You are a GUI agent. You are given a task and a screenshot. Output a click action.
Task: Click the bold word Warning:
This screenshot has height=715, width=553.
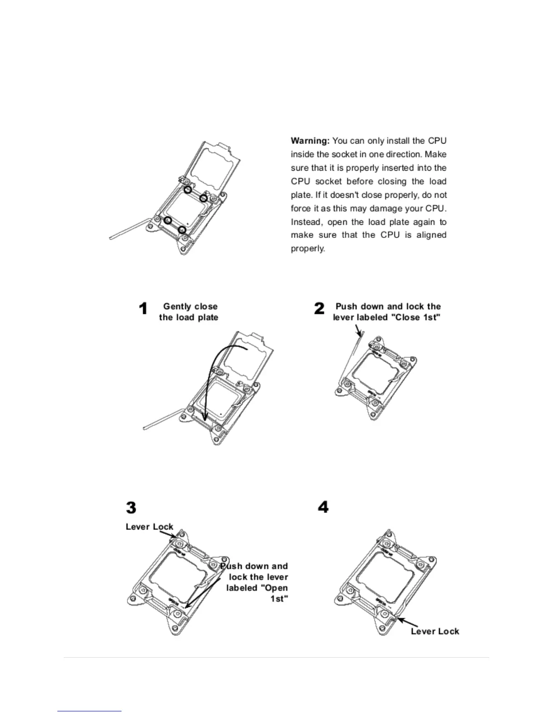[x=310, y=141]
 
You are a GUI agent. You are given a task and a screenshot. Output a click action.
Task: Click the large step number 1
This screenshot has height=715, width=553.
[x=143, y=309]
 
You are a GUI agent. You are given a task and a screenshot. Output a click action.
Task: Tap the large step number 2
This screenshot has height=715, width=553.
[x=319, y=309]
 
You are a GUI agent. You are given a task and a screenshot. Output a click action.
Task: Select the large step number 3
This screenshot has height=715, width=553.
[x=131, y=508]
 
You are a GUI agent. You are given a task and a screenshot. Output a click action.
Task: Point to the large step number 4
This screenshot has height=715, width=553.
[x=323, y=508]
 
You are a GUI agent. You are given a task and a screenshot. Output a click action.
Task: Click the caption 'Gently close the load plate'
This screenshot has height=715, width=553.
[x=189, y=312]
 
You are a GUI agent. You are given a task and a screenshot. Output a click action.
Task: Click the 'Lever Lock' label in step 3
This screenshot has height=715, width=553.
[x=149, y=527]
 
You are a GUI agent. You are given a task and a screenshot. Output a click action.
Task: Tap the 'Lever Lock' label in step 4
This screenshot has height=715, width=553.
[x=435, y=631]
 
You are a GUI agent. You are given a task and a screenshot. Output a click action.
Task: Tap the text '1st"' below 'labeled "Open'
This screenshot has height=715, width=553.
[x=279, y=599]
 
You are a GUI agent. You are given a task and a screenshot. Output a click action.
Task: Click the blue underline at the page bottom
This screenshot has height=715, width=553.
[x=89, y=711]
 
